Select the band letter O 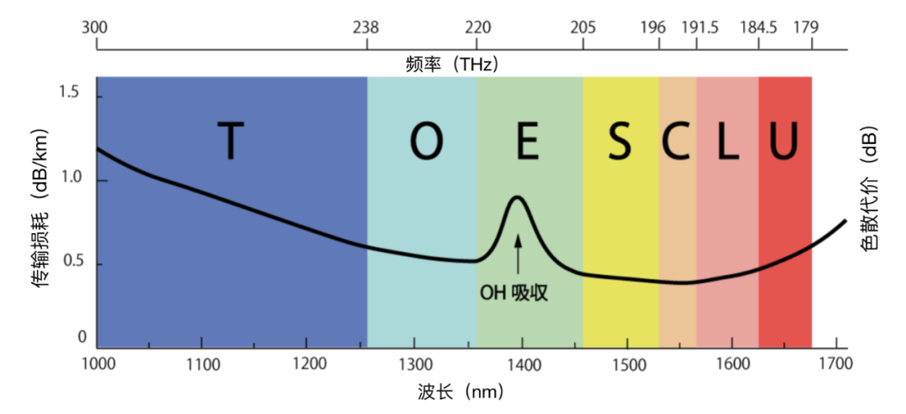426,142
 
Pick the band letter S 620,142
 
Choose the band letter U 784,142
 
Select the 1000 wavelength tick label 97,365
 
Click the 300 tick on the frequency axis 95,28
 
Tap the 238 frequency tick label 367,28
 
